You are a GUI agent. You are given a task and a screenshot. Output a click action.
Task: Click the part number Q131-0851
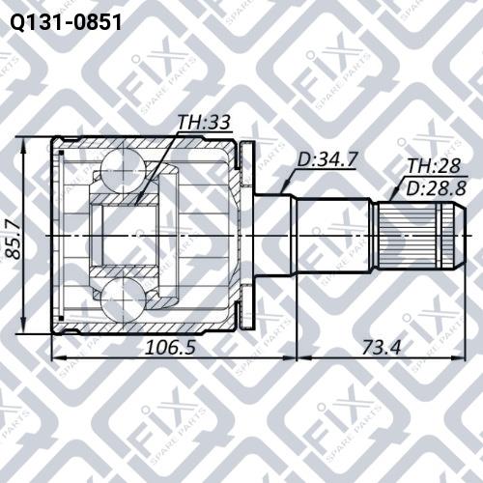point(66,22)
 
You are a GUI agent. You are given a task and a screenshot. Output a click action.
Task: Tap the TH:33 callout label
point(204,123)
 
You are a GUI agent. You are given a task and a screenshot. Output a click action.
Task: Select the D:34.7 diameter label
point(327,159)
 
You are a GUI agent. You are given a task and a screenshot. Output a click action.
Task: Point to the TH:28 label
point(434,166)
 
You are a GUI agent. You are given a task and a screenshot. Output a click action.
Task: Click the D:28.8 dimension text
point(436,187)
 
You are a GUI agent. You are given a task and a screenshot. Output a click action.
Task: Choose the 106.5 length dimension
point(170,348)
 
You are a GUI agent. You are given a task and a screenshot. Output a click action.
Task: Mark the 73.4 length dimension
point(382,348)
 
